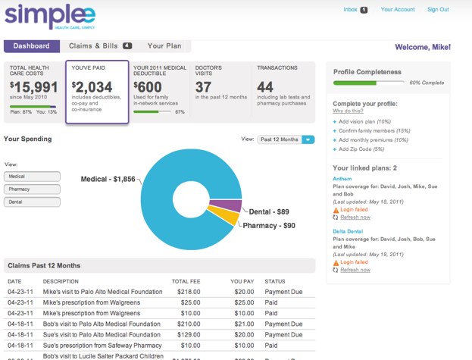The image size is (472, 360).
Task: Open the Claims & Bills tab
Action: pyautogui.click(x=95, y=46)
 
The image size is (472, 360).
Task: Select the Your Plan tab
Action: pyautogui.click(x=164, y=46)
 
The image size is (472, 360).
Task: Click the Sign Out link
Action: pyautogui.click(x=438, y=10)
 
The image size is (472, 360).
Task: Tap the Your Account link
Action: pyautogui.click(x=398, y=10)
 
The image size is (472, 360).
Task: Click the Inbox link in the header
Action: pyautogui.click(x=350, y=10)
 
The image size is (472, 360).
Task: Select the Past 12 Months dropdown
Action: pyautogui.click(x=286, y=139)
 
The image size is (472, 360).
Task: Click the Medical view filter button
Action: pyautogui.click(x=32, y=177)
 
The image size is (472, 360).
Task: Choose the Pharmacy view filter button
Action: pyautogui.click(x=32, y=189)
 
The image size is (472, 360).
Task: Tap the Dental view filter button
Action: pyautogui.click(x=32, y=202)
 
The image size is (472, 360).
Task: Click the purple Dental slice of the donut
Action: pyautogui.click(x=233, y=205)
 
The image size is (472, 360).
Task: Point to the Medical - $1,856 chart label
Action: pyautogui.click(x=109, y=180)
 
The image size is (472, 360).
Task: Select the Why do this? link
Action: pyautogui.click(x=347, y=111)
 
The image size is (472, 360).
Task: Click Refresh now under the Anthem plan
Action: pyautogui.click(x=355, y=218)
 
